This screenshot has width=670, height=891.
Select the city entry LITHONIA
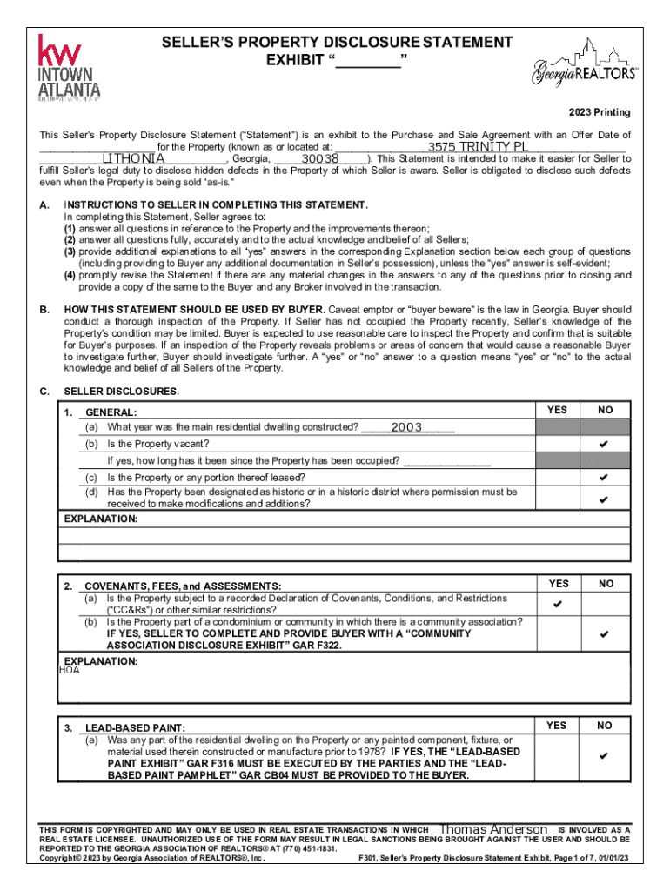click(x=134, y=159)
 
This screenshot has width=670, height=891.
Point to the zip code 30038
click(x=320, y=159)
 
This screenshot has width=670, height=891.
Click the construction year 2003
click(x=406, y=427)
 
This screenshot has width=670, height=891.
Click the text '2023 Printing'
click(x=600, y=113)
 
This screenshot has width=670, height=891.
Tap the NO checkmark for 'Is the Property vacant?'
click(x=603, y=445)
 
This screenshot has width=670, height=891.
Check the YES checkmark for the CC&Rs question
click(x=557, y=604)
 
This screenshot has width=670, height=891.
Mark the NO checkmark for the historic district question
click(x=603, y=499)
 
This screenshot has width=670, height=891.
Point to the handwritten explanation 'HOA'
click(x=69, y=670)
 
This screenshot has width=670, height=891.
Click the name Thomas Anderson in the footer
click(x=494, y=829)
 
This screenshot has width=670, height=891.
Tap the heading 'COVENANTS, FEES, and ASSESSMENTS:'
click(x=183, y=586)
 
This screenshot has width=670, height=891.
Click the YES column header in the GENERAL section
click(x=557, y=409)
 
